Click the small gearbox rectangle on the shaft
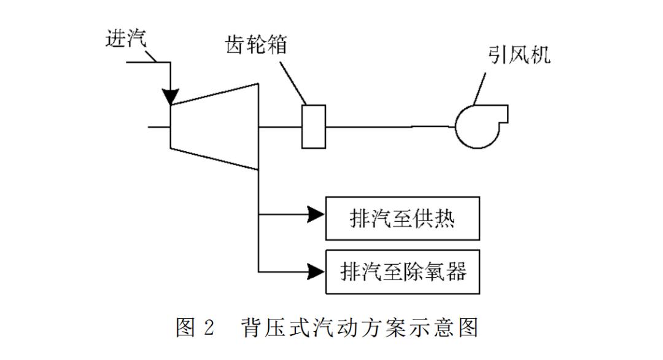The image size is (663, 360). pos(313,127)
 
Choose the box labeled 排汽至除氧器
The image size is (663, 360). pos(402,271)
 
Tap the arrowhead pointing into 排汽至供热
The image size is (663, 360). pos(316,214)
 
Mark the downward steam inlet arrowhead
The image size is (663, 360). pos(171,96)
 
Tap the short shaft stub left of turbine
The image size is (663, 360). pos(159,127)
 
